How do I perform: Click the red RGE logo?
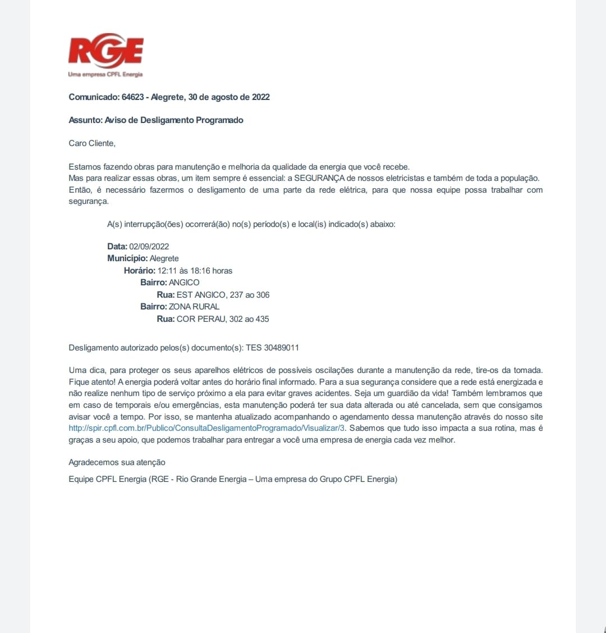pyautogui.click(x=105, y=51)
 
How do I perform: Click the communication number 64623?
pyautogui.click(x=132, y=97)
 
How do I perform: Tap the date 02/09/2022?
pyautogui.click(x=149, y=247)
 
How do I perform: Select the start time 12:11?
pyautogui.click(x=167, y=271)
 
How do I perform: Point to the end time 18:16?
pyautogui.click(x=200, y=271)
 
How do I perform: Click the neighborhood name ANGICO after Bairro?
pyautogui.click(x=184, y=283)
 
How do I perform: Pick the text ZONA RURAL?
pyautogui.click(x=194, y=307)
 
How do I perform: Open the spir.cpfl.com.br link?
pyautogui.click(x=206, y=429)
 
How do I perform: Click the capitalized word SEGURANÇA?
pyautogui.click(x=320, y=179)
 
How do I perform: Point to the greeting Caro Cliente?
pyautogui.click(x=92, y=143)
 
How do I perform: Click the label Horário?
pyautogui.click(x=139, y=271)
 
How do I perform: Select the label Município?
pyautogui.click(x=127, y=258)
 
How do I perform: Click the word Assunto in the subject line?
pyautogui.click(x=85, y=120)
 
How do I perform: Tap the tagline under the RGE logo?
pyautogui.click(x=105, y=75)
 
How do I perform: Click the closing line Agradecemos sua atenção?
pyautogui.click(x=117, y=462)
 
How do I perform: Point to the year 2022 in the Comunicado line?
pyautogui.click(x=260, y=97)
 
